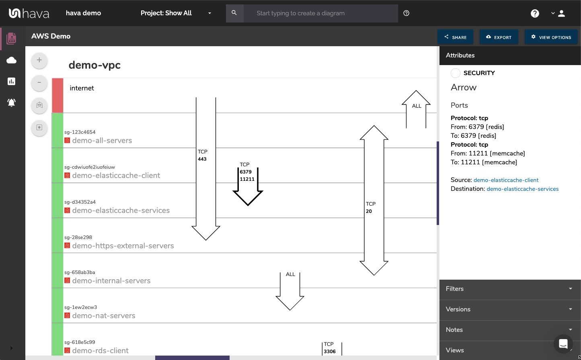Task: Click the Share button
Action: (x=455, y=37)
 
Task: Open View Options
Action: (x=551, y=37)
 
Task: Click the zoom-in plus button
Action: (x=39, y=60)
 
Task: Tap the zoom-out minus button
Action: (x=39, y=83)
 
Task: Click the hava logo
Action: (x=29, y=13)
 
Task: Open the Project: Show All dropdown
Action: (x=176, y=13)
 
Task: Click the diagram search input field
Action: (x=320, y=13)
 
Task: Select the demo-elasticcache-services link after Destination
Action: (x=522, y=189)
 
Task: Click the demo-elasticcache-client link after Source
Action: (x=506, y=180)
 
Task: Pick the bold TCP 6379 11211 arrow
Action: (x=248, y=189)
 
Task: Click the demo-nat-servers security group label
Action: (x=104, y=316)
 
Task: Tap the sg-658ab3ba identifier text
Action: (x=80, y=272)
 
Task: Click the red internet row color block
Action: (x=57, y=96)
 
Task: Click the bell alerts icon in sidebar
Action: (x=12, y=103)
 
